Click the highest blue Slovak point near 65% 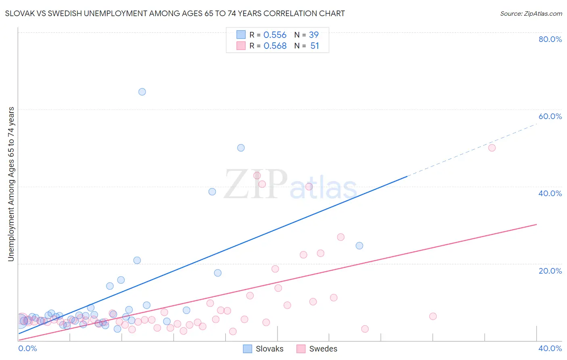pos(142,92)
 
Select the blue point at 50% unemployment pos(241,148)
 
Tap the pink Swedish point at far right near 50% pos(492,148)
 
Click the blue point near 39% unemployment pos(212,192)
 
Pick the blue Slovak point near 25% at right pos(359,246)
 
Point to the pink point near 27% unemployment pos(341,237)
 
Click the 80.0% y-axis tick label pos(550,39)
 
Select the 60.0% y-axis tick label pos(550,116)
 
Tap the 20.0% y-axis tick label pos(550,271)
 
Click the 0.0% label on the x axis pos(28,348)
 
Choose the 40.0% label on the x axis pos(550,348)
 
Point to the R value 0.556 pos(275,35)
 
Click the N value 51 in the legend pos(315,46)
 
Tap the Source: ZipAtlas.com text pos(531,14)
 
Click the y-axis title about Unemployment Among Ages pos(11,184)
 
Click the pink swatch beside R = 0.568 pos(241,46)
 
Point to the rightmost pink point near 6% pos(433,316)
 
